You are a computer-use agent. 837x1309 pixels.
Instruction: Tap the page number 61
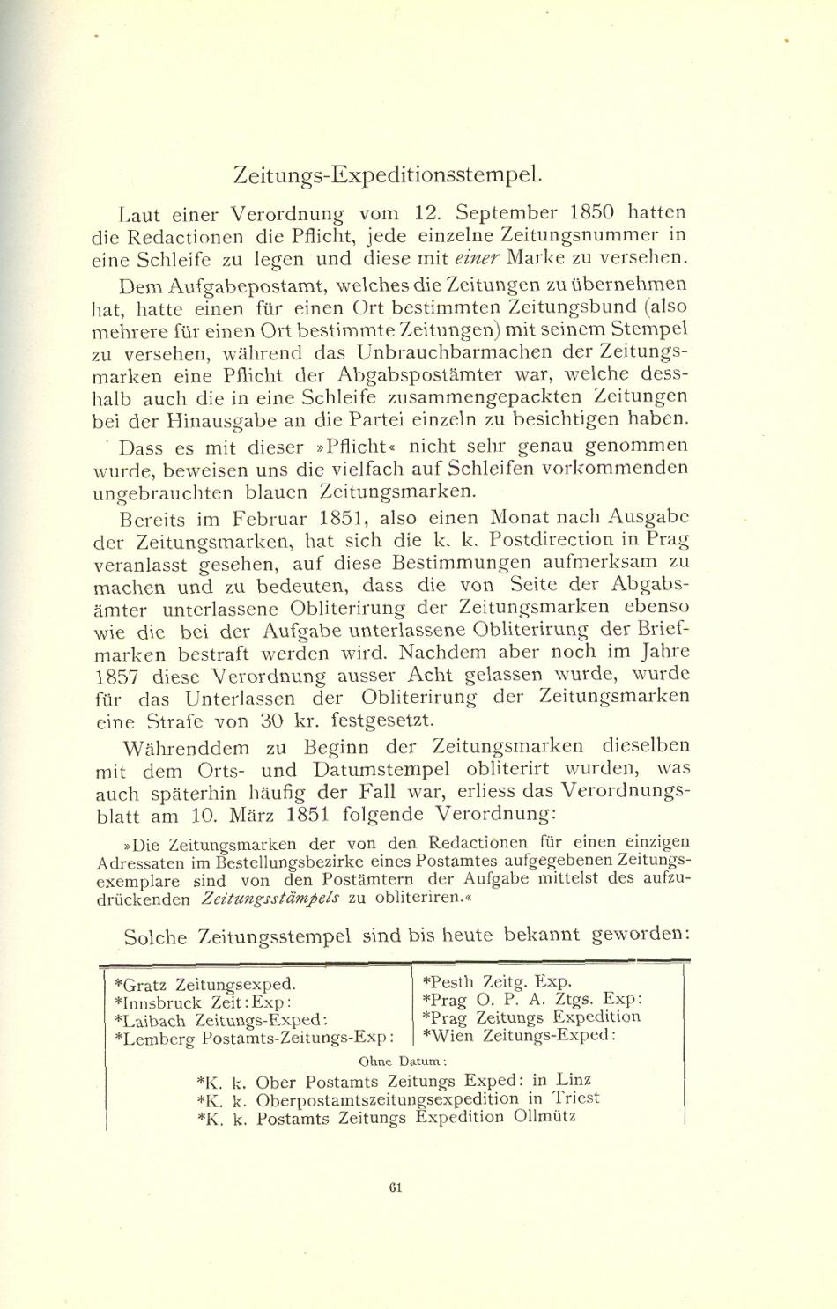tap(396, 1187)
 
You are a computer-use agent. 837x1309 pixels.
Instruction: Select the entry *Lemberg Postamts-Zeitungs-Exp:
tap(255, 1039)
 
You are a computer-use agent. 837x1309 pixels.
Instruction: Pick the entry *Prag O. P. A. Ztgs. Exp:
tap(532, 999)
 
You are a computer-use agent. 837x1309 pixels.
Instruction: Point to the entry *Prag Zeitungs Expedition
tap(531, 1017)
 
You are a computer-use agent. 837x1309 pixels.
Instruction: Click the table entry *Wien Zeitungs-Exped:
tap(518, 1035)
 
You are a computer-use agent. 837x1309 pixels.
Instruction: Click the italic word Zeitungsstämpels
tap(257, 899)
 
